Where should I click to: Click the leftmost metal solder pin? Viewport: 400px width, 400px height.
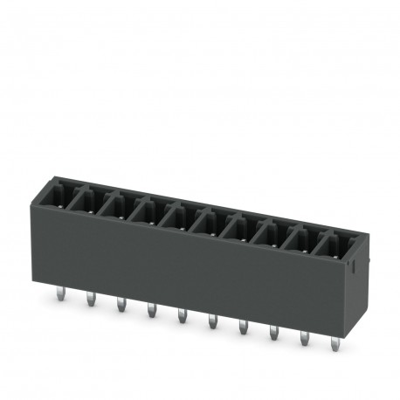(59, 297)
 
